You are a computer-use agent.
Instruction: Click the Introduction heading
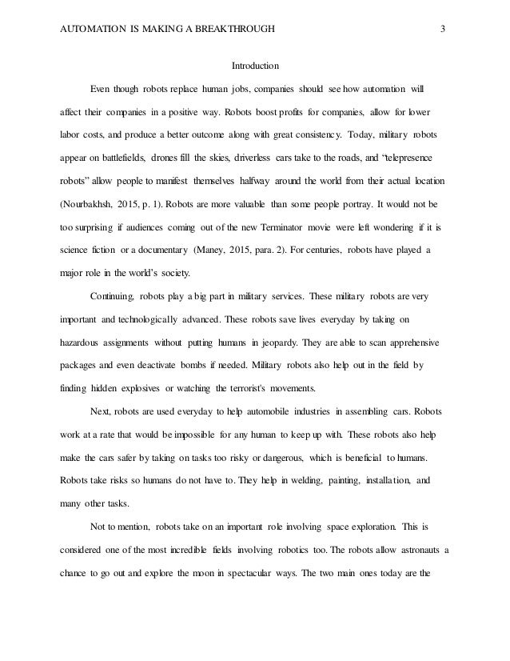255,66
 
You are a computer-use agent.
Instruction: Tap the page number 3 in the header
442,30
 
